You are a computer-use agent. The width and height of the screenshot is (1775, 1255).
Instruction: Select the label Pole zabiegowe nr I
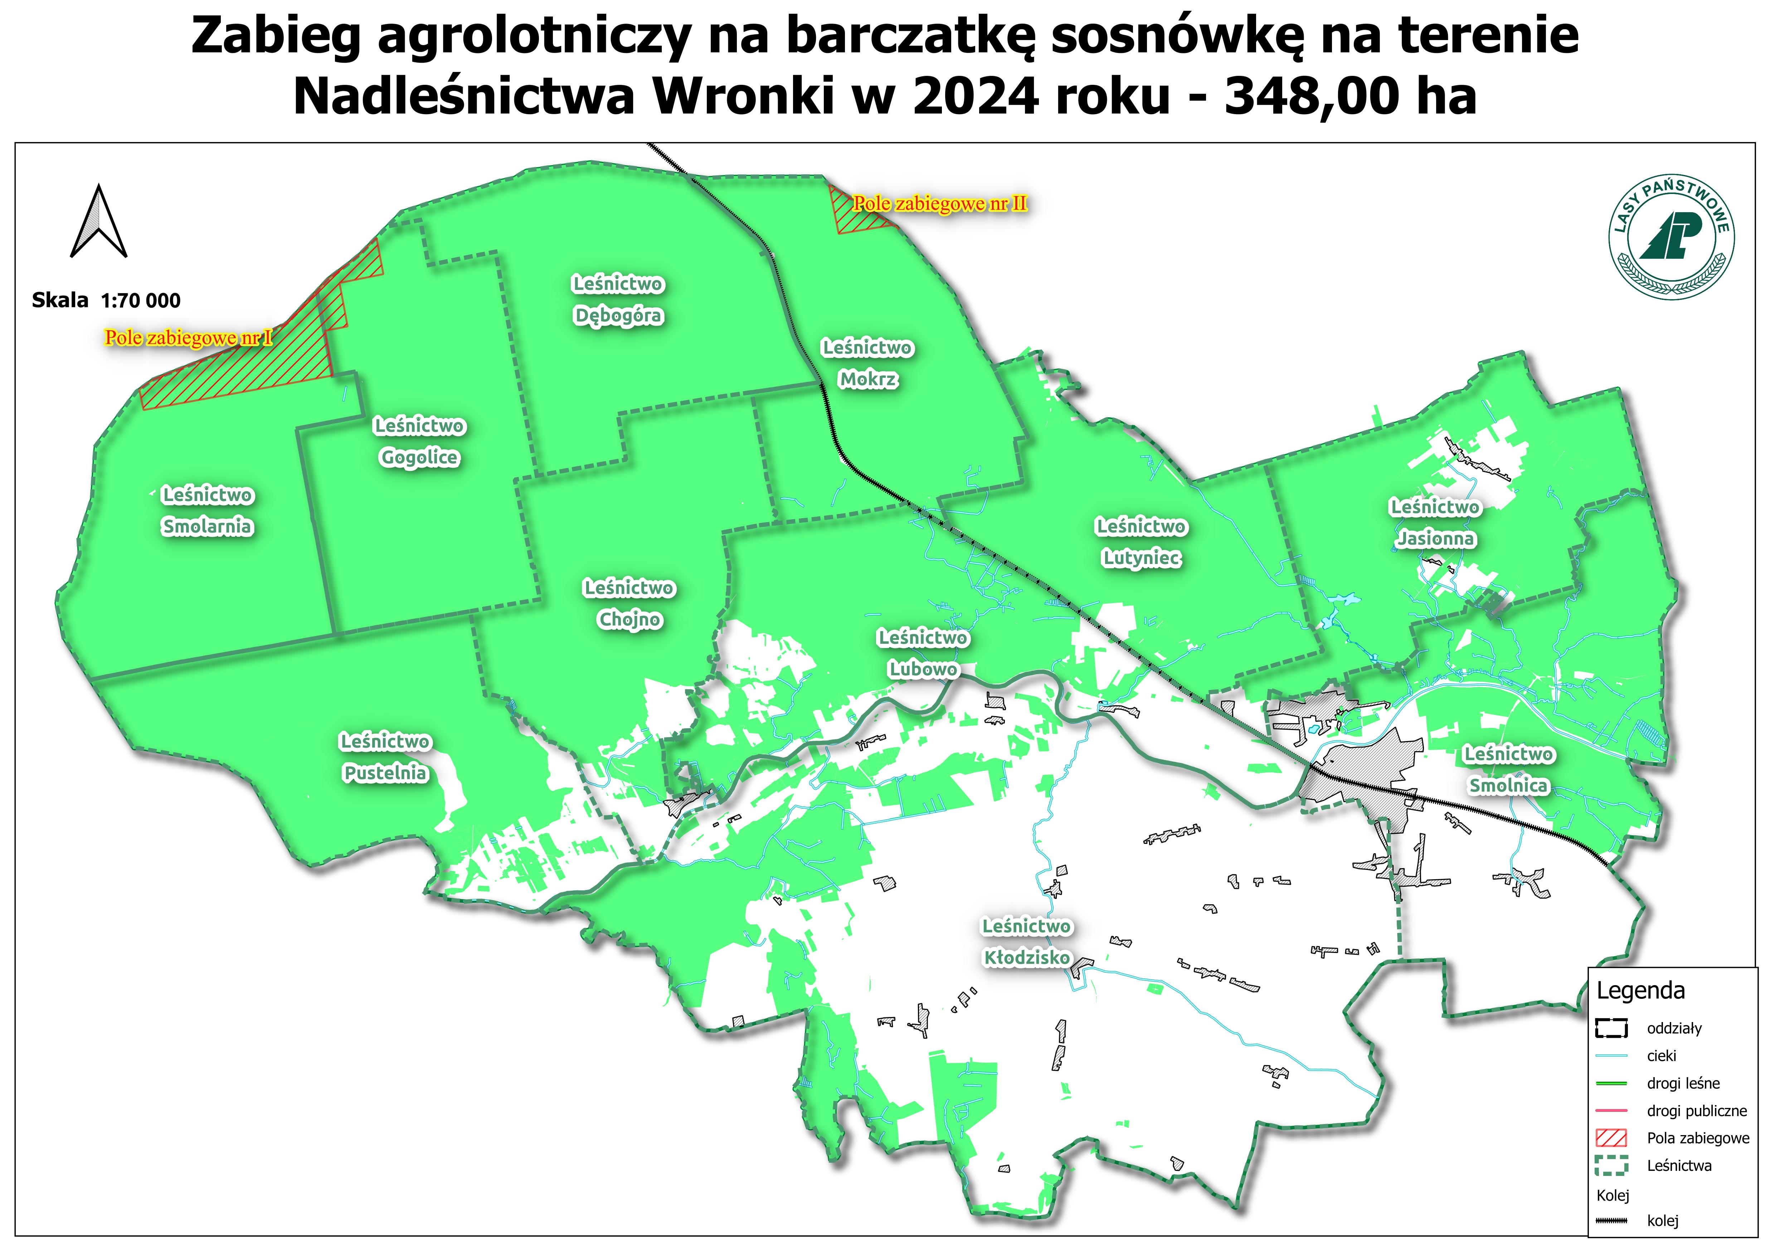pos(189,338)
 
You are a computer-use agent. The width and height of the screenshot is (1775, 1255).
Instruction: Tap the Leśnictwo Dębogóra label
pos(618,300)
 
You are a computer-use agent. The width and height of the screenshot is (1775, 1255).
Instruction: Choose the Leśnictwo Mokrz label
pos(867,364)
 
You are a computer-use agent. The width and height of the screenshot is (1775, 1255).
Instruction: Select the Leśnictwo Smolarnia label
pos(207,510)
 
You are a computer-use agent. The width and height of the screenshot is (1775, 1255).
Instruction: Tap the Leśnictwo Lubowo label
pos(923,653)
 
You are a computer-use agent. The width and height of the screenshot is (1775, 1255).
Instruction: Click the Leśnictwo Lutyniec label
pos(1141,542)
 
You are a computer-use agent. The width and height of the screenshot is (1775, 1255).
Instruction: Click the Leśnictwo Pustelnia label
pos(385,757)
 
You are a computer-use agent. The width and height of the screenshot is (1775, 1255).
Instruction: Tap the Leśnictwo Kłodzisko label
pos(1027,942)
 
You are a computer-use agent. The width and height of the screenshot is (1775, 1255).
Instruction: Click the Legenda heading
pos(1640,991)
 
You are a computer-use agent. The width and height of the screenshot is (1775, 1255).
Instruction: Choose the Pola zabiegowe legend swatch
pos(1611,1138)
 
